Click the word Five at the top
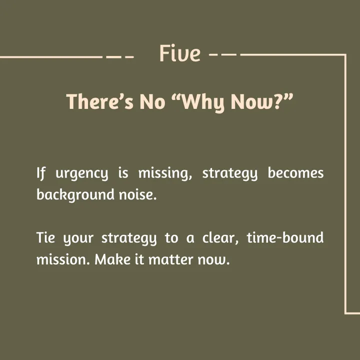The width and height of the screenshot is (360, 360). (x=180, y=53)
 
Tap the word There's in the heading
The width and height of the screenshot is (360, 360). (x=100, y=101)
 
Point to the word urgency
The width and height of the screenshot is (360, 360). (x=81, y=174)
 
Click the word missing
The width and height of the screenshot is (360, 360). (x=165, y=173)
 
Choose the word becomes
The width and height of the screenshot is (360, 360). (x=295, y=172)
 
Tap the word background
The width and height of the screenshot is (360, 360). (x=75, y=195)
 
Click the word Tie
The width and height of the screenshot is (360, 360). (x=45, y=237)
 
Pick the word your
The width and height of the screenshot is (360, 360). (x=78, y=238)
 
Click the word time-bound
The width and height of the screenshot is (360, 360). (x=285, y=237)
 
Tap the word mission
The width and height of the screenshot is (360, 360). (x=63, y=259)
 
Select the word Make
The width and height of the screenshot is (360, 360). (x=112, y=259)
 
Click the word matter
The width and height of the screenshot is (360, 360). (x=170, y=259)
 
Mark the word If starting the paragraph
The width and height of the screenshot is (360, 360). (x=41, y=173)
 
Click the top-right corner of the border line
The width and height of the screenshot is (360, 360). (x=345, y=55)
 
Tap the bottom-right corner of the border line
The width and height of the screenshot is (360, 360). (x=345, y=313)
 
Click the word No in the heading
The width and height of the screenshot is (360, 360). (x=152, y=101)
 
